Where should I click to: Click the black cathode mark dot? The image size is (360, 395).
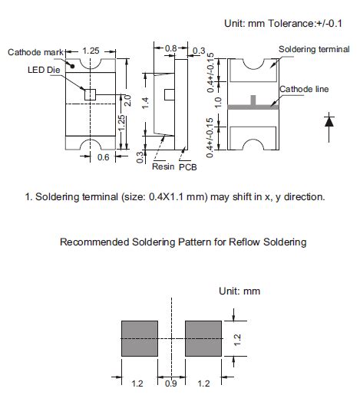(x=72, y=66)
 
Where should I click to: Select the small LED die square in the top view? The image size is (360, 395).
(x=90, y=94)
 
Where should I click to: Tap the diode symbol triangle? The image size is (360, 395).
(x=329, y=122)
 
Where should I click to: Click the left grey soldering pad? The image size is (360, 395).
(x=140, y=338)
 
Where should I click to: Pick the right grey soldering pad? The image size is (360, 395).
(x=203, y=338)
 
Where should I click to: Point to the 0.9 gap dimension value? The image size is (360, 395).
(x=171, y=383)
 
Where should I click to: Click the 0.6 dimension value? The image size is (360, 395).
(x=103, y=157)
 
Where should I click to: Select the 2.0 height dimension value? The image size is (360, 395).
(x=127, y=100)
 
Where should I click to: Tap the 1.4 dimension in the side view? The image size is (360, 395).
(x=145, y=103)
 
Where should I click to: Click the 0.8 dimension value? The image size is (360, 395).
(x=170, y=48)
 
